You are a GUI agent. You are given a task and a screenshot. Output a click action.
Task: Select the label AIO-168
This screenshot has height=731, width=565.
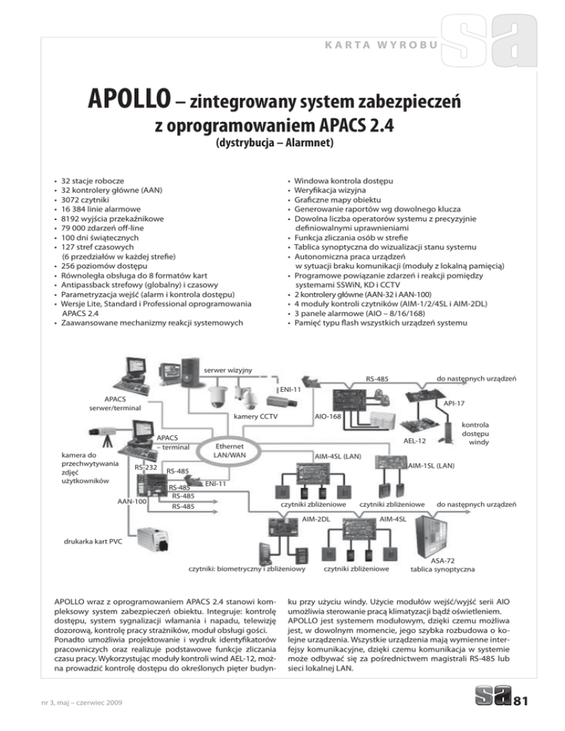(x=327, y=417)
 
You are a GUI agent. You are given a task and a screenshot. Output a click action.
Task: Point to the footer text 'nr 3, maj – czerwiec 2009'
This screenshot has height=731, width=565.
(x=73, y=703)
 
